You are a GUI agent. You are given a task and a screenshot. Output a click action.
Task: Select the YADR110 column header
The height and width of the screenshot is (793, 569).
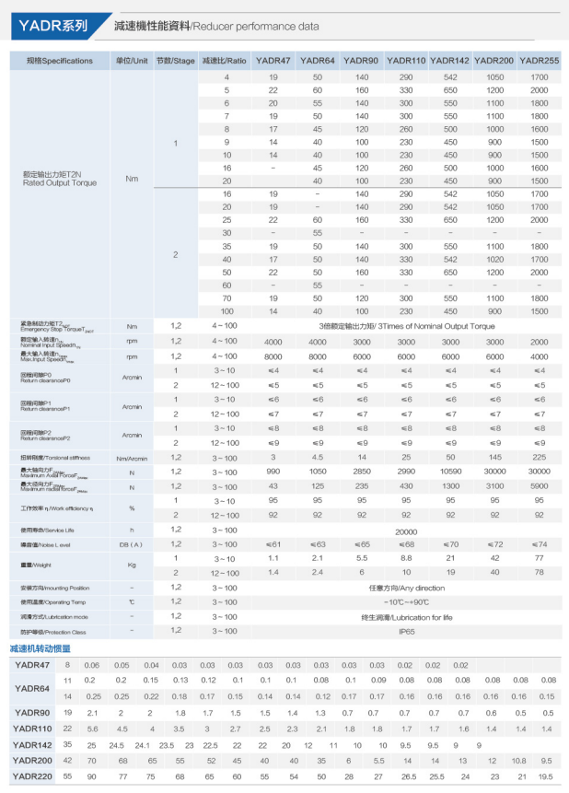click(x=405, y=61)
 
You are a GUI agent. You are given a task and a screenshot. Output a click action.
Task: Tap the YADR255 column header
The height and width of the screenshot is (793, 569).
click(x=539, y=61)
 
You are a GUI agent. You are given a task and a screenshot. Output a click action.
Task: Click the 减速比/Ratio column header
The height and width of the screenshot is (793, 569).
click(x=223, y=61)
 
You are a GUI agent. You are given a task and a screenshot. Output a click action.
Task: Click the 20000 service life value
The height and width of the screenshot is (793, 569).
click(x=406, y=531)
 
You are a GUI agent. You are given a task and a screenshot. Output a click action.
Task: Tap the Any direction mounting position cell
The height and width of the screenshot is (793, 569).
click(x=406, y=588)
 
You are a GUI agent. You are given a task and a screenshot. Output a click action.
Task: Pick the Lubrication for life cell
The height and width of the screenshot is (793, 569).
click(x=406, y=616)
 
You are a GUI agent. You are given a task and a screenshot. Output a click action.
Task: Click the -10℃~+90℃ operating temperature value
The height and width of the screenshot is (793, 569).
click(x=406, y=602)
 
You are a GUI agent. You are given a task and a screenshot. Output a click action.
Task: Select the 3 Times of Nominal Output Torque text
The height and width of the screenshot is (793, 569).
click(x=406, y=326)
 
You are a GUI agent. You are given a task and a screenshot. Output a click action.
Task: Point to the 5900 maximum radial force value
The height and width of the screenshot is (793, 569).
click(x=539, y=485)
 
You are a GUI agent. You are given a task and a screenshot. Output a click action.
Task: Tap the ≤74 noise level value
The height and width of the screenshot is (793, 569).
click(x=539, y=544)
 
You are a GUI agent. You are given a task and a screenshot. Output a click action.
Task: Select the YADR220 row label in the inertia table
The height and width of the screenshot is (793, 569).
click(x=32, y=776)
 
